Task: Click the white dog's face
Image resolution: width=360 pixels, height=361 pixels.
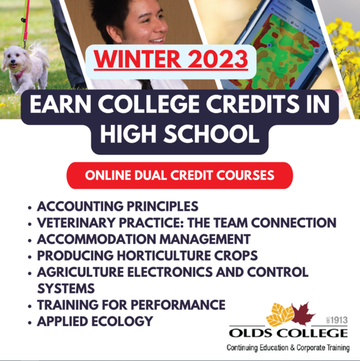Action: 13,61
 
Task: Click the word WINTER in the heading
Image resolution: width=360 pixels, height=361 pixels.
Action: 137,59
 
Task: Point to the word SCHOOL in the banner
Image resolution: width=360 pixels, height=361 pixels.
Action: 212,134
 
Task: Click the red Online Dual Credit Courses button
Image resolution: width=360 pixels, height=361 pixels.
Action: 179,175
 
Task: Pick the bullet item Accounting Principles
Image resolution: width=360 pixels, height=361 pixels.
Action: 118,206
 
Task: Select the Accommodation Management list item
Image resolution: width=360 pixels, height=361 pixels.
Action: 144,239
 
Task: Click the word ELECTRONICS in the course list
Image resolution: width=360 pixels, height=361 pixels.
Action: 170,272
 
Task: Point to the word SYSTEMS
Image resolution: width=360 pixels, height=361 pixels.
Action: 66,288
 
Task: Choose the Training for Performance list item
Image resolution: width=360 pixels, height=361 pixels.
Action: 131,305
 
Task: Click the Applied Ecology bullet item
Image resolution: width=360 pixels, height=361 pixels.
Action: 95,321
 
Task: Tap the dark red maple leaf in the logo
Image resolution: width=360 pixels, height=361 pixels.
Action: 303,314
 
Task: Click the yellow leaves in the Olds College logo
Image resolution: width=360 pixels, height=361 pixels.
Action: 280,315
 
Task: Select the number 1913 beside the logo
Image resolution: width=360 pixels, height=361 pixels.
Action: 339,320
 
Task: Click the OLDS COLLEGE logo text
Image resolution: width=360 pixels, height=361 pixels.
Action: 288,333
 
